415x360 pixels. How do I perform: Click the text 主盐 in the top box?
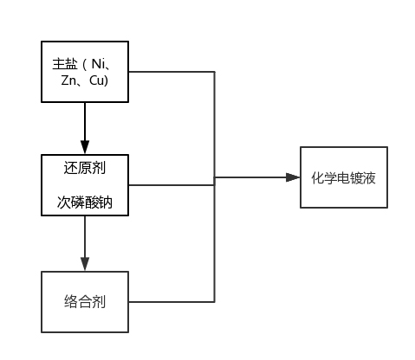[x=65, y=64]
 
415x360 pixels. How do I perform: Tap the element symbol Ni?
[x=98, y=64]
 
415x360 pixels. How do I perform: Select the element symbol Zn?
[x=68, y=80]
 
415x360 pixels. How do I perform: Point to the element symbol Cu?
[x=96, y=80]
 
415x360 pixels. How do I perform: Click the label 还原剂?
[x=85, y=168]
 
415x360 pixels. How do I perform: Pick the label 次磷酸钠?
[x=85, y=202]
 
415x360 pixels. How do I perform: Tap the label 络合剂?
[x=85, y=302]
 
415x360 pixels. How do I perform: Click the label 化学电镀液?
[x=343, y=177]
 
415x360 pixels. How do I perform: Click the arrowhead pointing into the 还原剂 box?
[x=85, y=147]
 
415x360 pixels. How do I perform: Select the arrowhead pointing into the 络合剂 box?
[x=85, y=264]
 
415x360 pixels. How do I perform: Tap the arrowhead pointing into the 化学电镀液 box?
[x=293, y=177]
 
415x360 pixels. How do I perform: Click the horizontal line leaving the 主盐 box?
[x=172, y=72]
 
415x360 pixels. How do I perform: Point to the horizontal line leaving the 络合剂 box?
[x=172, y=302]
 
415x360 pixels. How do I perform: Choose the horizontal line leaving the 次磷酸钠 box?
[x=172, y=185]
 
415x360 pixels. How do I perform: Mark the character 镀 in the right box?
[x=356, y=177]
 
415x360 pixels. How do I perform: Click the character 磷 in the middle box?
[x=78, y=202]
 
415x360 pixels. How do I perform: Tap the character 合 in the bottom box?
[x=85, y=302]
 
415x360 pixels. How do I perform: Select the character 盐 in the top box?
[x=71, y=64]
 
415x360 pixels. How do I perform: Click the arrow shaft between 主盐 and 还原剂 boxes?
[x=85, y=121]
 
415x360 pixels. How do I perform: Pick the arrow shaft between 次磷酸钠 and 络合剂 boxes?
[x=85, y=236]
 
